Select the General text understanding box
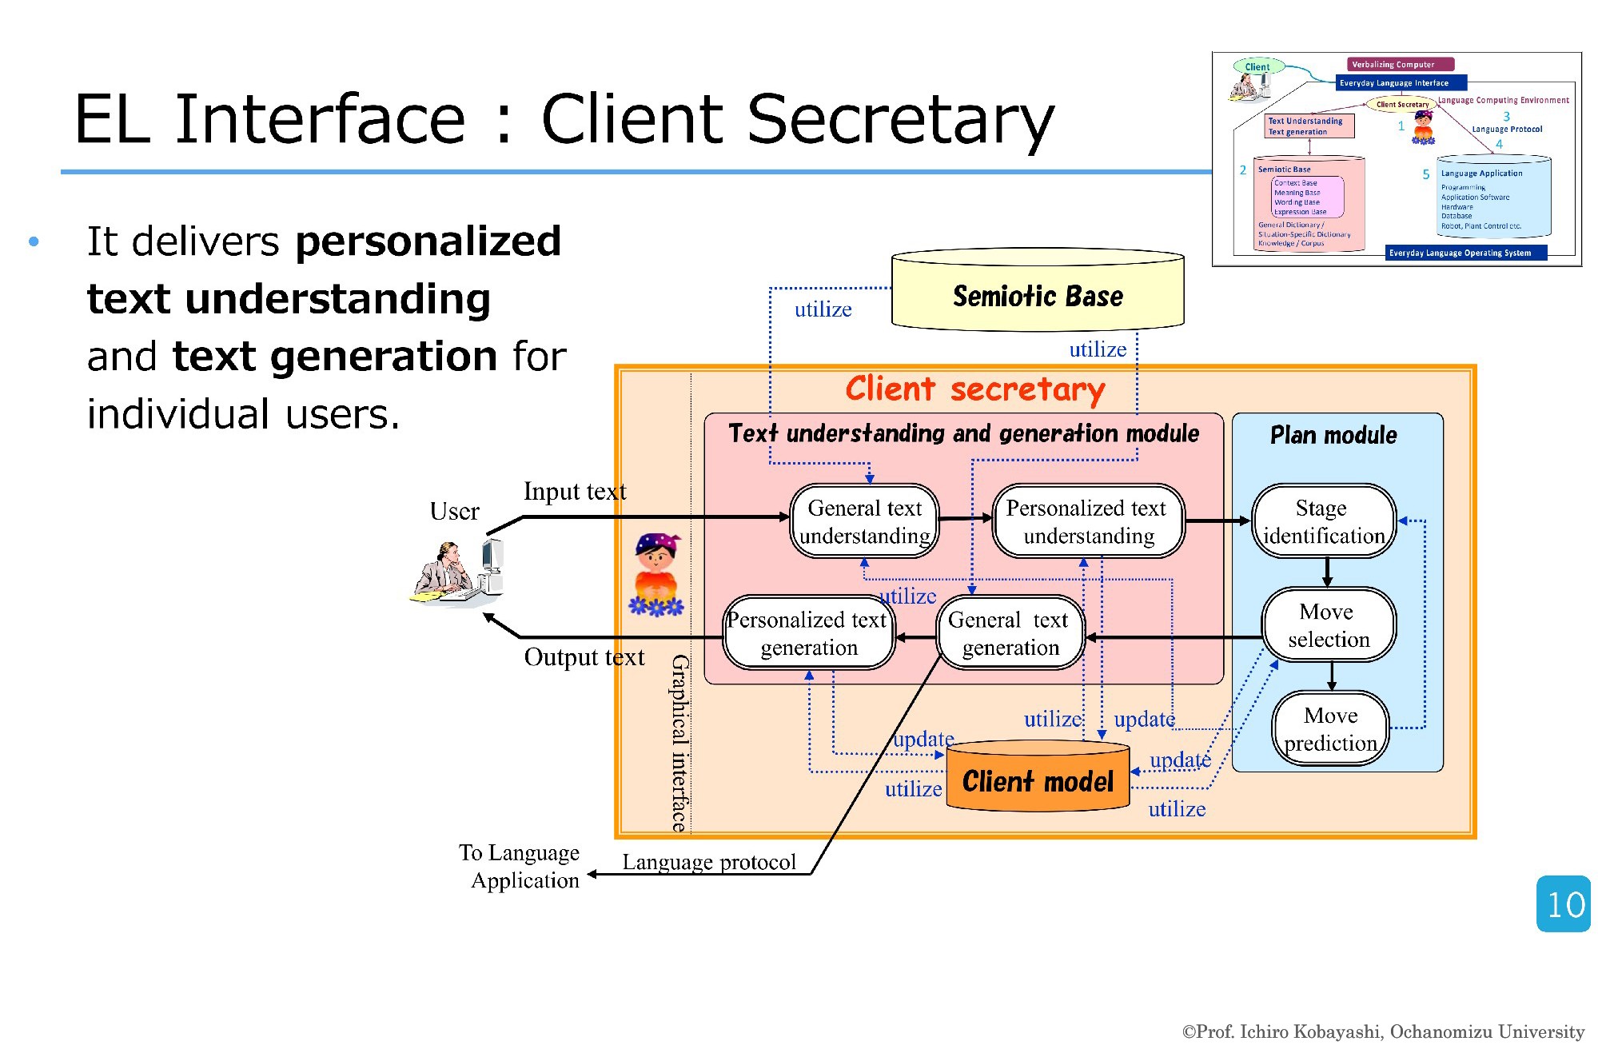(864, 521)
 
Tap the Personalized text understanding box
(1087, 521)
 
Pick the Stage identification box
(1323, 521)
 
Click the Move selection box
(1328, 625)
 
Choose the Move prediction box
(1330, 728)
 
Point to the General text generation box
(1010, 633)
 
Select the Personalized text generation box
(808, 633)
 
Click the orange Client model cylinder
(1038, 778)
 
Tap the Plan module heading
(1333, 435)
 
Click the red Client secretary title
(974, 389)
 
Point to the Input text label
(575, 491)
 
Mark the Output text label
(584, 657)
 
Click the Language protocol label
(709, 862)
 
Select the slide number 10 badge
(1564, 904)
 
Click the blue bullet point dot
(34, 241)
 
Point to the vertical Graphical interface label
(679, 744)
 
